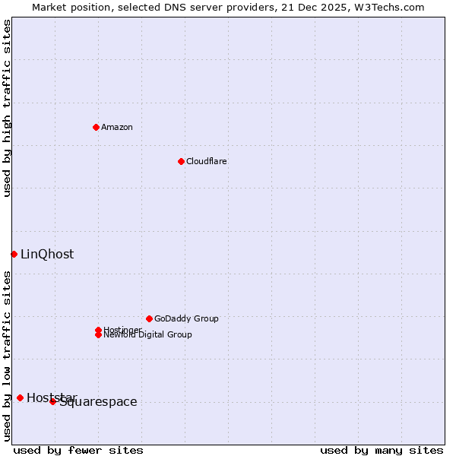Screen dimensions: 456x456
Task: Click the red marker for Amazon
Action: tap(96, 127)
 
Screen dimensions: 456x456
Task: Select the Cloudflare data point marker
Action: tap(181, 161)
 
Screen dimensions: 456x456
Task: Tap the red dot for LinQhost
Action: tap(14, 254)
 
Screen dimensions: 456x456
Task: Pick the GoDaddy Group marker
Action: tap(149, 318)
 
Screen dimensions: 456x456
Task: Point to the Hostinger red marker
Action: tap(98, 330)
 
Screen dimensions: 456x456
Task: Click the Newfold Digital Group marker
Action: tap(98, 335)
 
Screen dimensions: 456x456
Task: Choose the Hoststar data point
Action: tap(20, 397)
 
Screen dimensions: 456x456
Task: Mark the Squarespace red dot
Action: tap(52, 401)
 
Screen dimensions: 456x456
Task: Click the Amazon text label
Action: tap(117, 127)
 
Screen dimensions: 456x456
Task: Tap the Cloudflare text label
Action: tap(207, 161)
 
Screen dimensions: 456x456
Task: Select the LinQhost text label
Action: tap(47, 254)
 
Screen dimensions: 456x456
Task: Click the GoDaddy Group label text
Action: tap(186, 318)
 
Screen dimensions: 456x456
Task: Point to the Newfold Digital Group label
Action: tap(148, 335)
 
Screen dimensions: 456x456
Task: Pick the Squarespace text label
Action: tap(99, 402)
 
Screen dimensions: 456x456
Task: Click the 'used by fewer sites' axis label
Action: tap(78, 450)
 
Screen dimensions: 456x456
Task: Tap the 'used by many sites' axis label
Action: tap(382, 450)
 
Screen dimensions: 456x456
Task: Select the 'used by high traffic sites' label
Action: tap(7, 108)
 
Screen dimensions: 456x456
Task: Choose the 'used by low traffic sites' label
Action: tap(7, 356)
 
